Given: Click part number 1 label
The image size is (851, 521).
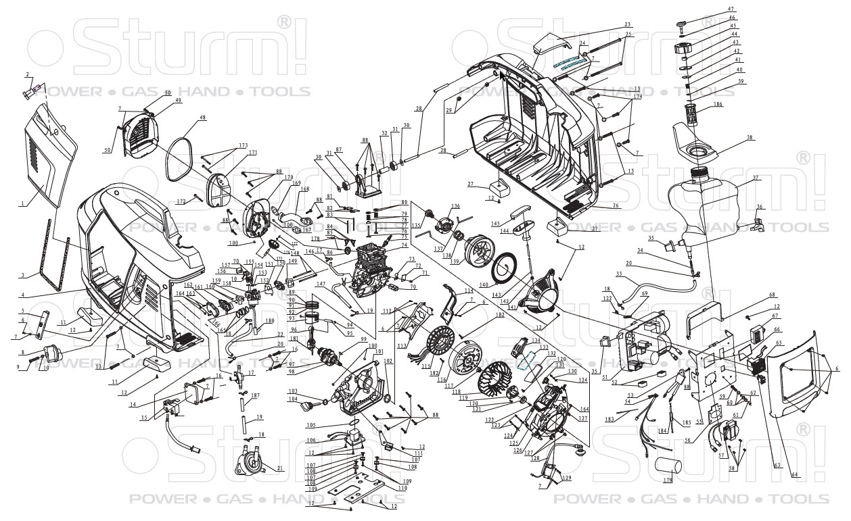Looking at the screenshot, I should pos(22,203).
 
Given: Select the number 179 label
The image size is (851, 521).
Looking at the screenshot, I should pos(668,480).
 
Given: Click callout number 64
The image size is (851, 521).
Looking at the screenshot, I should pos(796,475).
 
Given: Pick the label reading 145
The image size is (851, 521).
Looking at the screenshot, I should pos(496,224).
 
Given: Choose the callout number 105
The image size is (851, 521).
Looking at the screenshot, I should pos(310,425).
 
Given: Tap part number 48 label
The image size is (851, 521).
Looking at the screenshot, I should pos(183,118).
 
